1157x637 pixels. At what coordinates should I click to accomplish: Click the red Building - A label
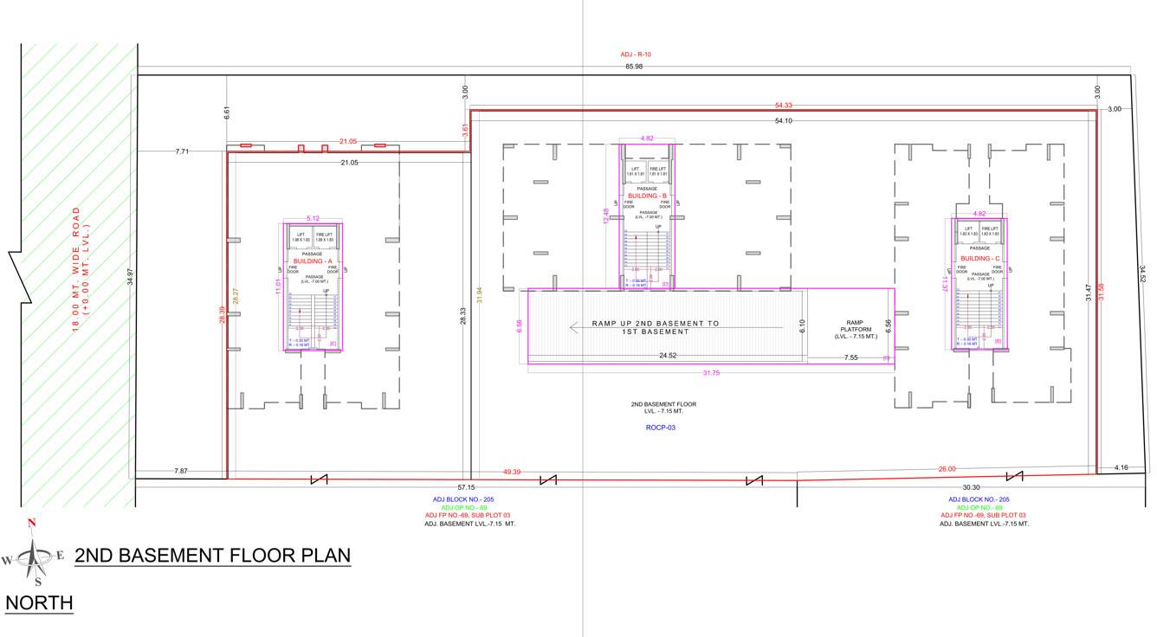tap(313, 261)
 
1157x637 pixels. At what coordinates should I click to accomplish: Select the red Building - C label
tap(980, 258)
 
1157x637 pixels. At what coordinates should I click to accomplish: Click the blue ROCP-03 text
tap(661, 428)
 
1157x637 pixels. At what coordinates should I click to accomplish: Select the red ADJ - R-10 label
tap(636, 55)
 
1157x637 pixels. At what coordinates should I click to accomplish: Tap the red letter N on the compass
tap(32, 523)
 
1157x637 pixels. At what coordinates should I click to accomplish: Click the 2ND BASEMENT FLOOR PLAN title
tap(213, 556)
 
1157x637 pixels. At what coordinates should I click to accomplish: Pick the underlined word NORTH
tap(39, 602)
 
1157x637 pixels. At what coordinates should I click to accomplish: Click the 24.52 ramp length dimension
tap(668, 356)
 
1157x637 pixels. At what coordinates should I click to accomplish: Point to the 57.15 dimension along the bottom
tap(466, 487)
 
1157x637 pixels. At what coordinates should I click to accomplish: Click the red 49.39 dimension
tap(512, 472)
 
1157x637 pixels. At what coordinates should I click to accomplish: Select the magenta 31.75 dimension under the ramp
tap(711, 373)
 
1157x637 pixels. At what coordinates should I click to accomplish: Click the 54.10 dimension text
tap(783, 121)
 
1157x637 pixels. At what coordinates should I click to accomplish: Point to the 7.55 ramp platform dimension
tap(851, 357)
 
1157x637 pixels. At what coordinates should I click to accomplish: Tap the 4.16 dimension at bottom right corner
tap(1121, 468)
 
